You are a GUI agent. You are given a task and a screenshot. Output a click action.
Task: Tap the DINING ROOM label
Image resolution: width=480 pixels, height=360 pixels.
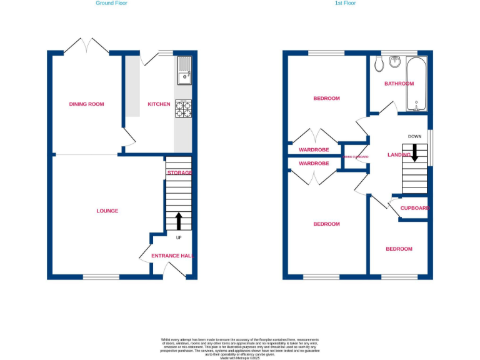click(x=86, y=104)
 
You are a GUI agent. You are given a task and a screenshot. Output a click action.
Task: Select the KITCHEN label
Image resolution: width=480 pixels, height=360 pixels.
click(x=158, y=104)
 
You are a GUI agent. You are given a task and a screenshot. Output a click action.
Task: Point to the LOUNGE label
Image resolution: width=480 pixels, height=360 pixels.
click(x=107, y=211)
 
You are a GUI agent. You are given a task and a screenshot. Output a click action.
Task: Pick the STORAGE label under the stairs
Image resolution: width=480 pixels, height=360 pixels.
click(x=179, y=172)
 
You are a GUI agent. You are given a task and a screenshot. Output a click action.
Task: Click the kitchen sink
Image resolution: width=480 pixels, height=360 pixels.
click(x=184, y=70)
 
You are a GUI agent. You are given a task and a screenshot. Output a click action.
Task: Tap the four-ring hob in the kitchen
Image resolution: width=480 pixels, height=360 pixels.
click(x=184, y=109)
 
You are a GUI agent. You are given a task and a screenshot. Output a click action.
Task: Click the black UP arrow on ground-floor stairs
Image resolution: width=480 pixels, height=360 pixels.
click(x=179, y=221)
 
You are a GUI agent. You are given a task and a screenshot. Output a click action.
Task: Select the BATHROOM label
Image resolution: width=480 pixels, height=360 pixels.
click(x=399, y=83)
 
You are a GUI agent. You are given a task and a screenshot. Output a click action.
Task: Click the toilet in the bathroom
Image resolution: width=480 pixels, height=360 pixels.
click(x=378, y=65)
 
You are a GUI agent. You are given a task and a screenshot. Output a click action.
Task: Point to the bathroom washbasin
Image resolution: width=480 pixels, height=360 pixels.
click(x=395, y=62)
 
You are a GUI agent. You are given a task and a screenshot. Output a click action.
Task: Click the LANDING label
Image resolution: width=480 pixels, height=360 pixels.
click(x=398, y=155)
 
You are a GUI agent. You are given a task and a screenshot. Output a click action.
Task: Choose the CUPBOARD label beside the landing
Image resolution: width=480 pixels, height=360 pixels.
click(x=415, y=208)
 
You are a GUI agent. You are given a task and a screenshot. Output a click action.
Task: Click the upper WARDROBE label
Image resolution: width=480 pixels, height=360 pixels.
click(x=313, y=150)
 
